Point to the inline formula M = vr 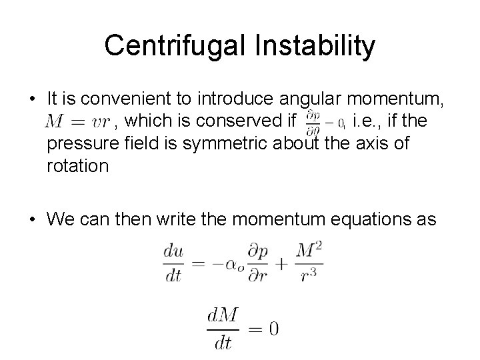[x=77, y=122]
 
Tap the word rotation [x=77, y=165]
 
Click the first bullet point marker [x=33, y=100]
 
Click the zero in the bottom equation [x=272, y=328]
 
